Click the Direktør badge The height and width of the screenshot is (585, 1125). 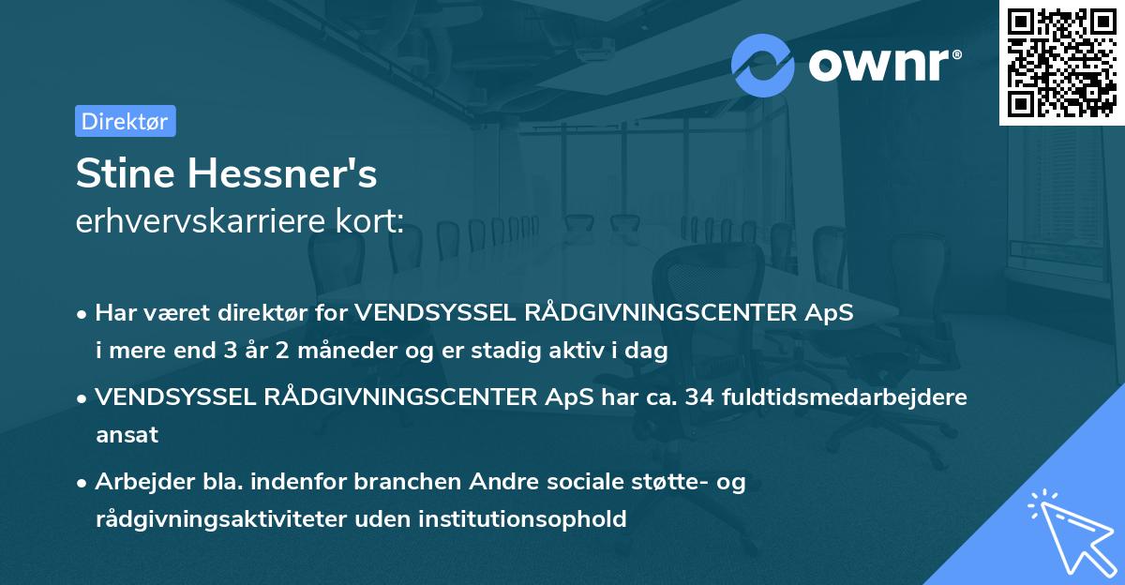(125, 121)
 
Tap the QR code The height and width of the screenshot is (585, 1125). (1061, 63)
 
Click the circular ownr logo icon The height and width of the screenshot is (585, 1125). (763, 65)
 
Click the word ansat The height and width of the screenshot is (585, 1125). (127, 435)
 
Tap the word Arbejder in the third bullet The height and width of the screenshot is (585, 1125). (137, 482)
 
